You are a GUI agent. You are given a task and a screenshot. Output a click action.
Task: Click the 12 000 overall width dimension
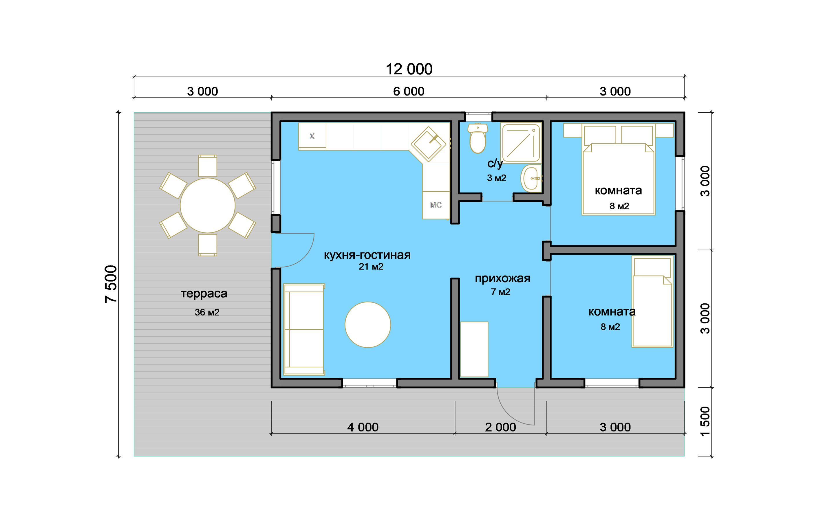tap(409, 69)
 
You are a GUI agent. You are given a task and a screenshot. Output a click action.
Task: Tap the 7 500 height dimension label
tap(111, 284)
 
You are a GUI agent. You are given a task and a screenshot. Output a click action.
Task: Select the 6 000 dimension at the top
tap(409, 91)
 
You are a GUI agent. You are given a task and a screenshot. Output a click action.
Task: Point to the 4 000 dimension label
tap(363, 427)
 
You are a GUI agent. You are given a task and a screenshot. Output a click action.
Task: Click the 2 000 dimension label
tap(500, 427)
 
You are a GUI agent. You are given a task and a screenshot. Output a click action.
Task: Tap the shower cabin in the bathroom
tap(521, 143)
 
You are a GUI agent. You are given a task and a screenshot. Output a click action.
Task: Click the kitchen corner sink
tap(428, 144)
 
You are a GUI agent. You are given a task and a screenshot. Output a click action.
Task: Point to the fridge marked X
tap(312, 136)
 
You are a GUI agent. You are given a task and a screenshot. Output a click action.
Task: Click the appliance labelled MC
tap(436, 205)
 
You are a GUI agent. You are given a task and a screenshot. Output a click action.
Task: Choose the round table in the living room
tap(368, 324)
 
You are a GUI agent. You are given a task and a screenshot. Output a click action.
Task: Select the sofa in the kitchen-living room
tap(303, 329)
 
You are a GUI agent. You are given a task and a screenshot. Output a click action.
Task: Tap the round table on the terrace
tap(207, 206)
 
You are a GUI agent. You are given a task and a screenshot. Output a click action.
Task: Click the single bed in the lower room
tap(652, 302)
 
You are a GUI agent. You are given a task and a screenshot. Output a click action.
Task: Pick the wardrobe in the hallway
tap(474, 349)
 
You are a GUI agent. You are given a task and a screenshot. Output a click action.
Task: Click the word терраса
tap(204, 293)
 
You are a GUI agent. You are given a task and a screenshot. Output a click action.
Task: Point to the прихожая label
tap(502, 278)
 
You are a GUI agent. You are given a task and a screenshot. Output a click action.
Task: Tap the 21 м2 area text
tap(371, 267)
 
